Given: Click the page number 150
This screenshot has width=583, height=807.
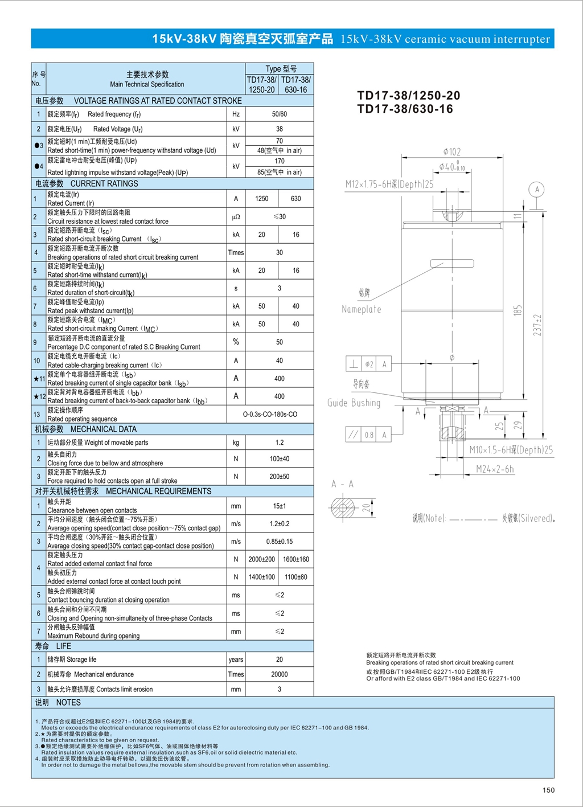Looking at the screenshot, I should [548, 790].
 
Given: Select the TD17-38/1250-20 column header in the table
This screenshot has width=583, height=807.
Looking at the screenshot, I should [261, 85].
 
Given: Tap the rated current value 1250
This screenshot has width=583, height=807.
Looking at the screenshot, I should [261, 199].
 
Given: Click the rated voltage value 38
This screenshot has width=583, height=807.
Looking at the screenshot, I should [279, 129].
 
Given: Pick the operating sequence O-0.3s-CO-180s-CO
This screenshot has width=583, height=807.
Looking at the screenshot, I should [270, 415].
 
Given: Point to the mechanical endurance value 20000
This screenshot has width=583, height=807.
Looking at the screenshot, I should [279, 674].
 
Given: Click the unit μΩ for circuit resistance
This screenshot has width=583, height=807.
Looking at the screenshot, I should [236, 217].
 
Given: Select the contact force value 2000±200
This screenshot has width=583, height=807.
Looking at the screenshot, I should [261, 560].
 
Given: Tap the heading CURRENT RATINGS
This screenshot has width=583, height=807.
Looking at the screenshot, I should [104, 184].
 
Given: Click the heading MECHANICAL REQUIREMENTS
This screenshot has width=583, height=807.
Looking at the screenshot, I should [158, 491].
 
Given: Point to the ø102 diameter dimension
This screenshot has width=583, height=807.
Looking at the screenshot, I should [452, 152].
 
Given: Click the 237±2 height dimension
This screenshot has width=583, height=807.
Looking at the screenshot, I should [537, 325].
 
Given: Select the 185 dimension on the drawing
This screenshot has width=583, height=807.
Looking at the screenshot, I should [518, 311].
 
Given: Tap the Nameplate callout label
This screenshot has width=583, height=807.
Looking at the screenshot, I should [362, 309].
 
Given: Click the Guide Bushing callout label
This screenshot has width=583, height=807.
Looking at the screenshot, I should [354, 403].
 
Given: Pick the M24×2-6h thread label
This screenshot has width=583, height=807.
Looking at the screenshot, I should [495, 469].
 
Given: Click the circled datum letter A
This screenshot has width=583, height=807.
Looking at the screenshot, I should [536, 189].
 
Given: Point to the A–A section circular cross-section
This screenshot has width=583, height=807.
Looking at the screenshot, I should [342, 507].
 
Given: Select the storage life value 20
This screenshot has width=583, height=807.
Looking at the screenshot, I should [279, 659].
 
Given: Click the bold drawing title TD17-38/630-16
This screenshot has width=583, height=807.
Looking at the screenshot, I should [405, 109].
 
